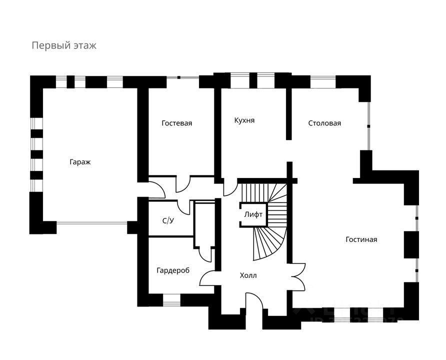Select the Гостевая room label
(x=177, y=123)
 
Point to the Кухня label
(x=244, y=120)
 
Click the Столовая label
(x=324, y=123)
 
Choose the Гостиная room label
(x=361, y=239)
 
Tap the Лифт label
(x=253, y=214)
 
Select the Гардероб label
(x=172, y=270)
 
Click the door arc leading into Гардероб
(x=207, y=278)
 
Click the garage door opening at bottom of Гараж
(x=91, y=223)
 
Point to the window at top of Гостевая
(x=182, y=77)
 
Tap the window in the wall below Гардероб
(x=171, y=300)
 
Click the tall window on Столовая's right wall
(x=369, y=125)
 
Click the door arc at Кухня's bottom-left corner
(x=229, y=187)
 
